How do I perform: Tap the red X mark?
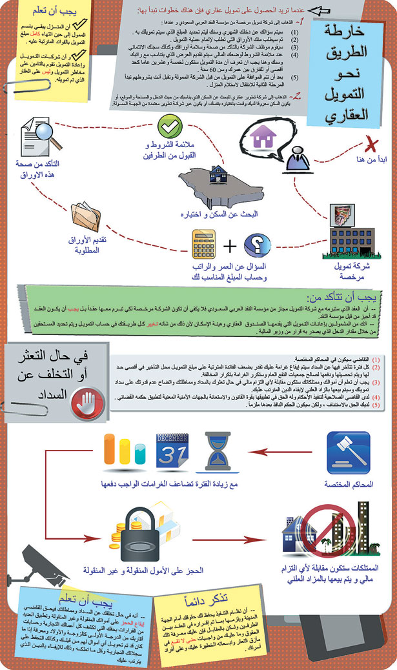[371, 144]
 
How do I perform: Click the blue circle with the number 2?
[255, 245]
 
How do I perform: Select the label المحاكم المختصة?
[349, 484]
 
